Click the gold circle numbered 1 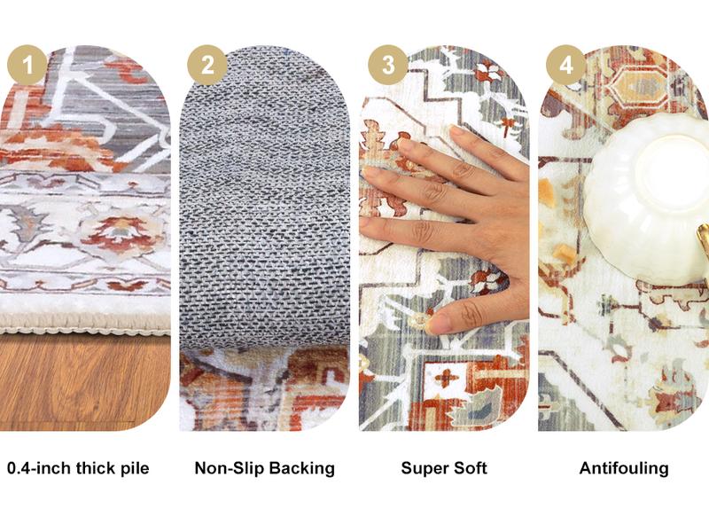(27, 65)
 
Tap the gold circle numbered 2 (207, 65)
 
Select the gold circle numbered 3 (387, 65)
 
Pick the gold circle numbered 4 (566, 65)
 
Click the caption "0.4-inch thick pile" (78, 468)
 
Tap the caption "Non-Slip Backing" (264, 468)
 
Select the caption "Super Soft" (444, 468)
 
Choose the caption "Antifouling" (624, 468)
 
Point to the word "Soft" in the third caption (469, 468)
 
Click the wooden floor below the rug (84, 381)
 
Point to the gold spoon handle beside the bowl (703, 244)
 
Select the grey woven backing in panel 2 (264, 222)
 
